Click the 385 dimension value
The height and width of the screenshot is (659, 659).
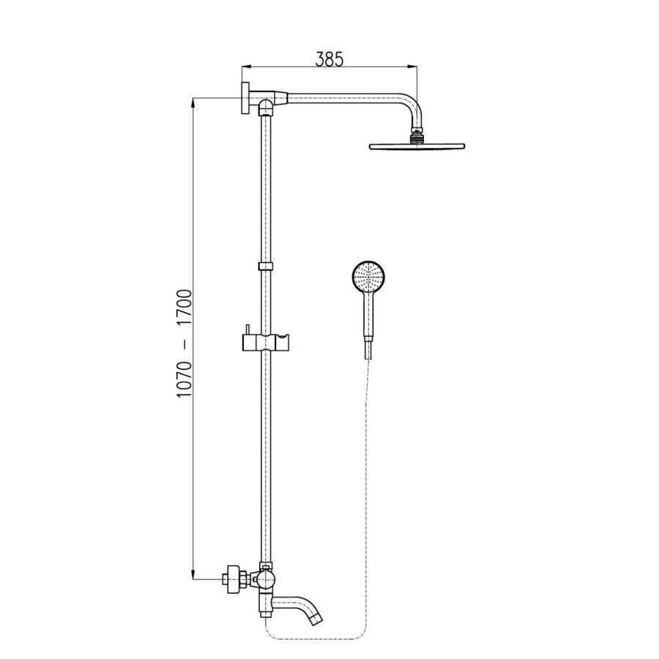tap(329, 59)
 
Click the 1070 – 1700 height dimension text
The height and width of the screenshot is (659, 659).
tap(185, 344)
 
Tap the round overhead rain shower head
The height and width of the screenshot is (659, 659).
tap(417, 146)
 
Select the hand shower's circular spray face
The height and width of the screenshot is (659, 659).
tap(368, 277)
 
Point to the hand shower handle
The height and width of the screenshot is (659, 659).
tap(368, 315)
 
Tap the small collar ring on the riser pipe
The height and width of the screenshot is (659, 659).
tap(265, 266)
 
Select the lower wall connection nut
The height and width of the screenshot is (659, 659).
tap(234, 579)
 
